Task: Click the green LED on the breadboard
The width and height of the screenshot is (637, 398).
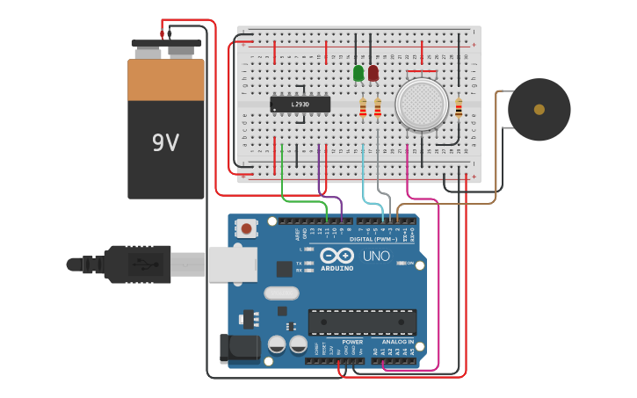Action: coord(358,73)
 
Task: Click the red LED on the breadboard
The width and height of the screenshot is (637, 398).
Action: coord(373,73)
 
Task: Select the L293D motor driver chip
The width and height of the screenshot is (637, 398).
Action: coord(300,104)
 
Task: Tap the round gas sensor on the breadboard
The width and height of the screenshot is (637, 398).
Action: coord(422,104)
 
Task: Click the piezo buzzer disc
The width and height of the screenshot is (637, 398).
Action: coord(539,110)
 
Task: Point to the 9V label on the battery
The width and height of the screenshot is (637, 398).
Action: coord(165,142)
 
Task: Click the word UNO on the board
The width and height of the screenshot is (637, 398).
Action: coord(376,256)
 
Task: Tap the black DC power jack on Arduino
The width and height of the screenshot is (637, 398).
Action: coord(239,348)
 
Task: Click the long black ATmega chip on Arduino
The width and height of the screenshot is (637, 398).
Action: coord(362,322)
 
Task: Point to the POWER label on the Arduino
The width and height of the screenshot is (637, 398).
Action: coord(352,342)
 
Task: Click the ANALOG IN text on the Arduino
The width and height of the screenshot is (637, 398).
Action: coord(397,342)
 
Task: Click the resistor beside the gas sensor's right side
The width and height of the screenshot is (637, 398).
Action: coord(459,108)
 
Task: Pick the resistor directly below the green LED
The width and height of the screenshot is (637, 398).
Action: coord(363,108)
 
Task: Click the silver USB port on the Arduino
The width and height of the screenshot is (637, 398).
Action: coord(232,264)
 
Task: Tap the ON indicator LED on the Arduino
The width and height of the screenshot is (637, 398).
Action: coord(401,263)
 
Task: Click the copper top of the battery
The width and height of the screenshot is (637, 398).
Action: coord(166,79)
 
